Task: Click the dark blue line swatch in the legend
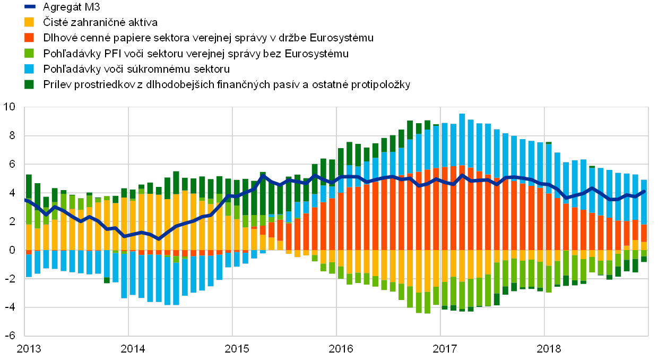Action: pos(30,7)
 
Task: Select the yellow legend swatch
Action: pos(30,22)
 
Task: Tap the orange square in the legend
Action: pos(30,38)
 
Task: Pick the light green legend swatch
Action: pos(30,53)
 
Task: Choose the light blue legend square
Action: pos(30,68)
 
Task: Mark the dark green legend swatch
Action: pos(30,84)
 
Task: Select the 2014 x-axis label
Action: pos(131,348)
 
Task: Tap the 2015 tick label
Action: pos(236,348)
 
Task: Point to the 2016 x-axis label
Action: pos(340,348)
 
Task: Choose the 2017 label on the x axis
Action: pos(444,348)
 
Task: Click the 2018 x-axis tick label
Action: pos(548,348)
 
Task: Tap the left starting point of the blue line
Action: pos(25,200)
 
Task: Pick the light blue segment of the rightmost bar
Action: pos(644,202)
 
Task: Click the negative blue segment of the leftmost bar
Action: pos(29,262)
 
